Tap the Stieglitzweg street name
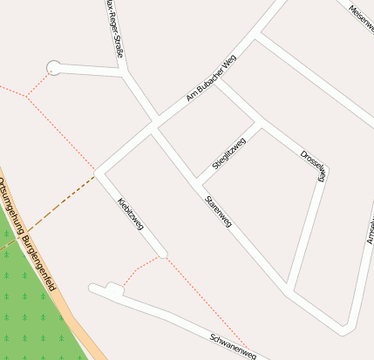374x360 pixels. (x=229, y=154)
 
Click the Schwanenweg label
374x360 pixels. (x=234, y=345)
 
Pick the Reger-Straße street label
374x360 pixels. (x=113, y=26)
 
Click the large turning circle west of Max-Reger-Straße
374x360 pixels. (x=54, y=67)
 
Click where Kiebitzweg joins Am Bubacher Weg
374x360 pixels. (x=99, y=172)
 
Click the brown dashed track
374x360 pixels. (x=52, y=209)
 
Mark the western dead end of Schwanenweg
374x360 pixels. (x=92, y=287)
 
